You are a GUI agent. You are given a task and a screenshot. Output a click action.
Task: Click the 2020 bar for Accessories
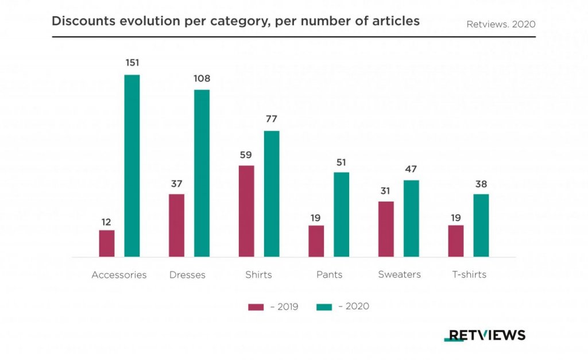132,166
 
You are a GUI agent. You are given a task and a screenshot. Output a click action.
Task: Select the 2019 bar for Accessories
107,243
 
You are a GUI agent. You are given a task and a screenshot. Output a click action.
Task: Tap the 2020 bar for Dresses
202,173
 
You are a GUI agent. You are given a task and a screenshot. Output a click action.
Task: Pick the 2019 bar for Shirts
246,211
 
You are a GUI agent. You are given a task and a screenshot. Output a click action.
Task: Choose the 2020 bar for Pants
341,215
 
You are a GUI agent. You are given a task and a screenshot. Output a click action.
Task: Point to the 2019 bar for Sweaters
386,229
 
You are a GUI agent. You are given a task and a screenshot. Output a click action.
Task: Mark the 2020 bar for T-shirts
481,226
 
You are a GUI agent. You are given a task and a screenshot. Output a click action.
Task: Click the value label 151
132,63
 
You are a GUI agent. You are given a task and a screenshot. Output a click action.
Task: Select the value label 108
202,78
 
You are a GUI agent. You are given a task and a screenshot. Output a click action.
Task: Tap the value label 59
246,154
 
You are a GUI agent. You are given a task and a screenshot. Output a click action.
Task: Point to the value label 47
411,169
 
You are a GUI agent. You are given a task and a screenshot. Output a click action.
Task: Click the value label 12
107,222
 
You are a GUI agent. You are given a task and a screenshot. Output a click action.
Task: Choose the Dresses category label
187,274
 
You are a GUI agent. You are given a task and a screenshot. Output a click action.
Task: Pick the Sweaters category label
399,274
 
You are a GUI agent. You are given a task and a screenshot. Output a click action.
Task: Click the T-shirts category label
469,274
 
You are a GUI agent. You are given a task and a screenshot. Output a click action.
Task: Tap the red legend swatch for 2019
256,307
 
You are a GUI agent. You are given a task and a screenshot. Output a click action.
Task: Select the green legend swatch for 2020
324,307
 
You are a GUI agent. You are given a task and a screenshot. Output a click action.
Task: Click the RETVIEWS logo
485,335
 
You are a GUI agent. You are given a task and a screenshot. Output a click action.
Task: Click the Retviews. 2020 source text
501,24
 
